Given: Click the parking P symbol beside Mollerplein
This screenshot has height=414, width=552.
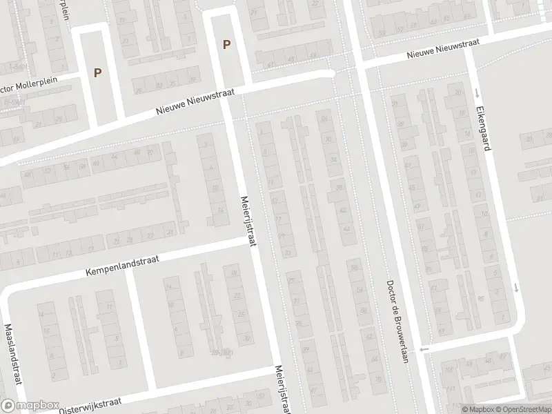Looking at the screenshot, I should click(x=97, y=72).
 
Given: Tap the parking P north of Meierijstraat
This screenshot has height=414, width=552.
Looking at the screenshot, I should click(x=226, y=45).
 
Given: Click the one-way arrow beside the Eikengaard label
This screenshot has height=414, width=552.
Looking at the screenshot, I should click(x=475, y=92).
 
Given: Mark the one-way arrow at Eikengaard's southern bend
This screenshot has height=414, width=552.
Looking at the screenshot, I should click(x=516, y=288).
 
